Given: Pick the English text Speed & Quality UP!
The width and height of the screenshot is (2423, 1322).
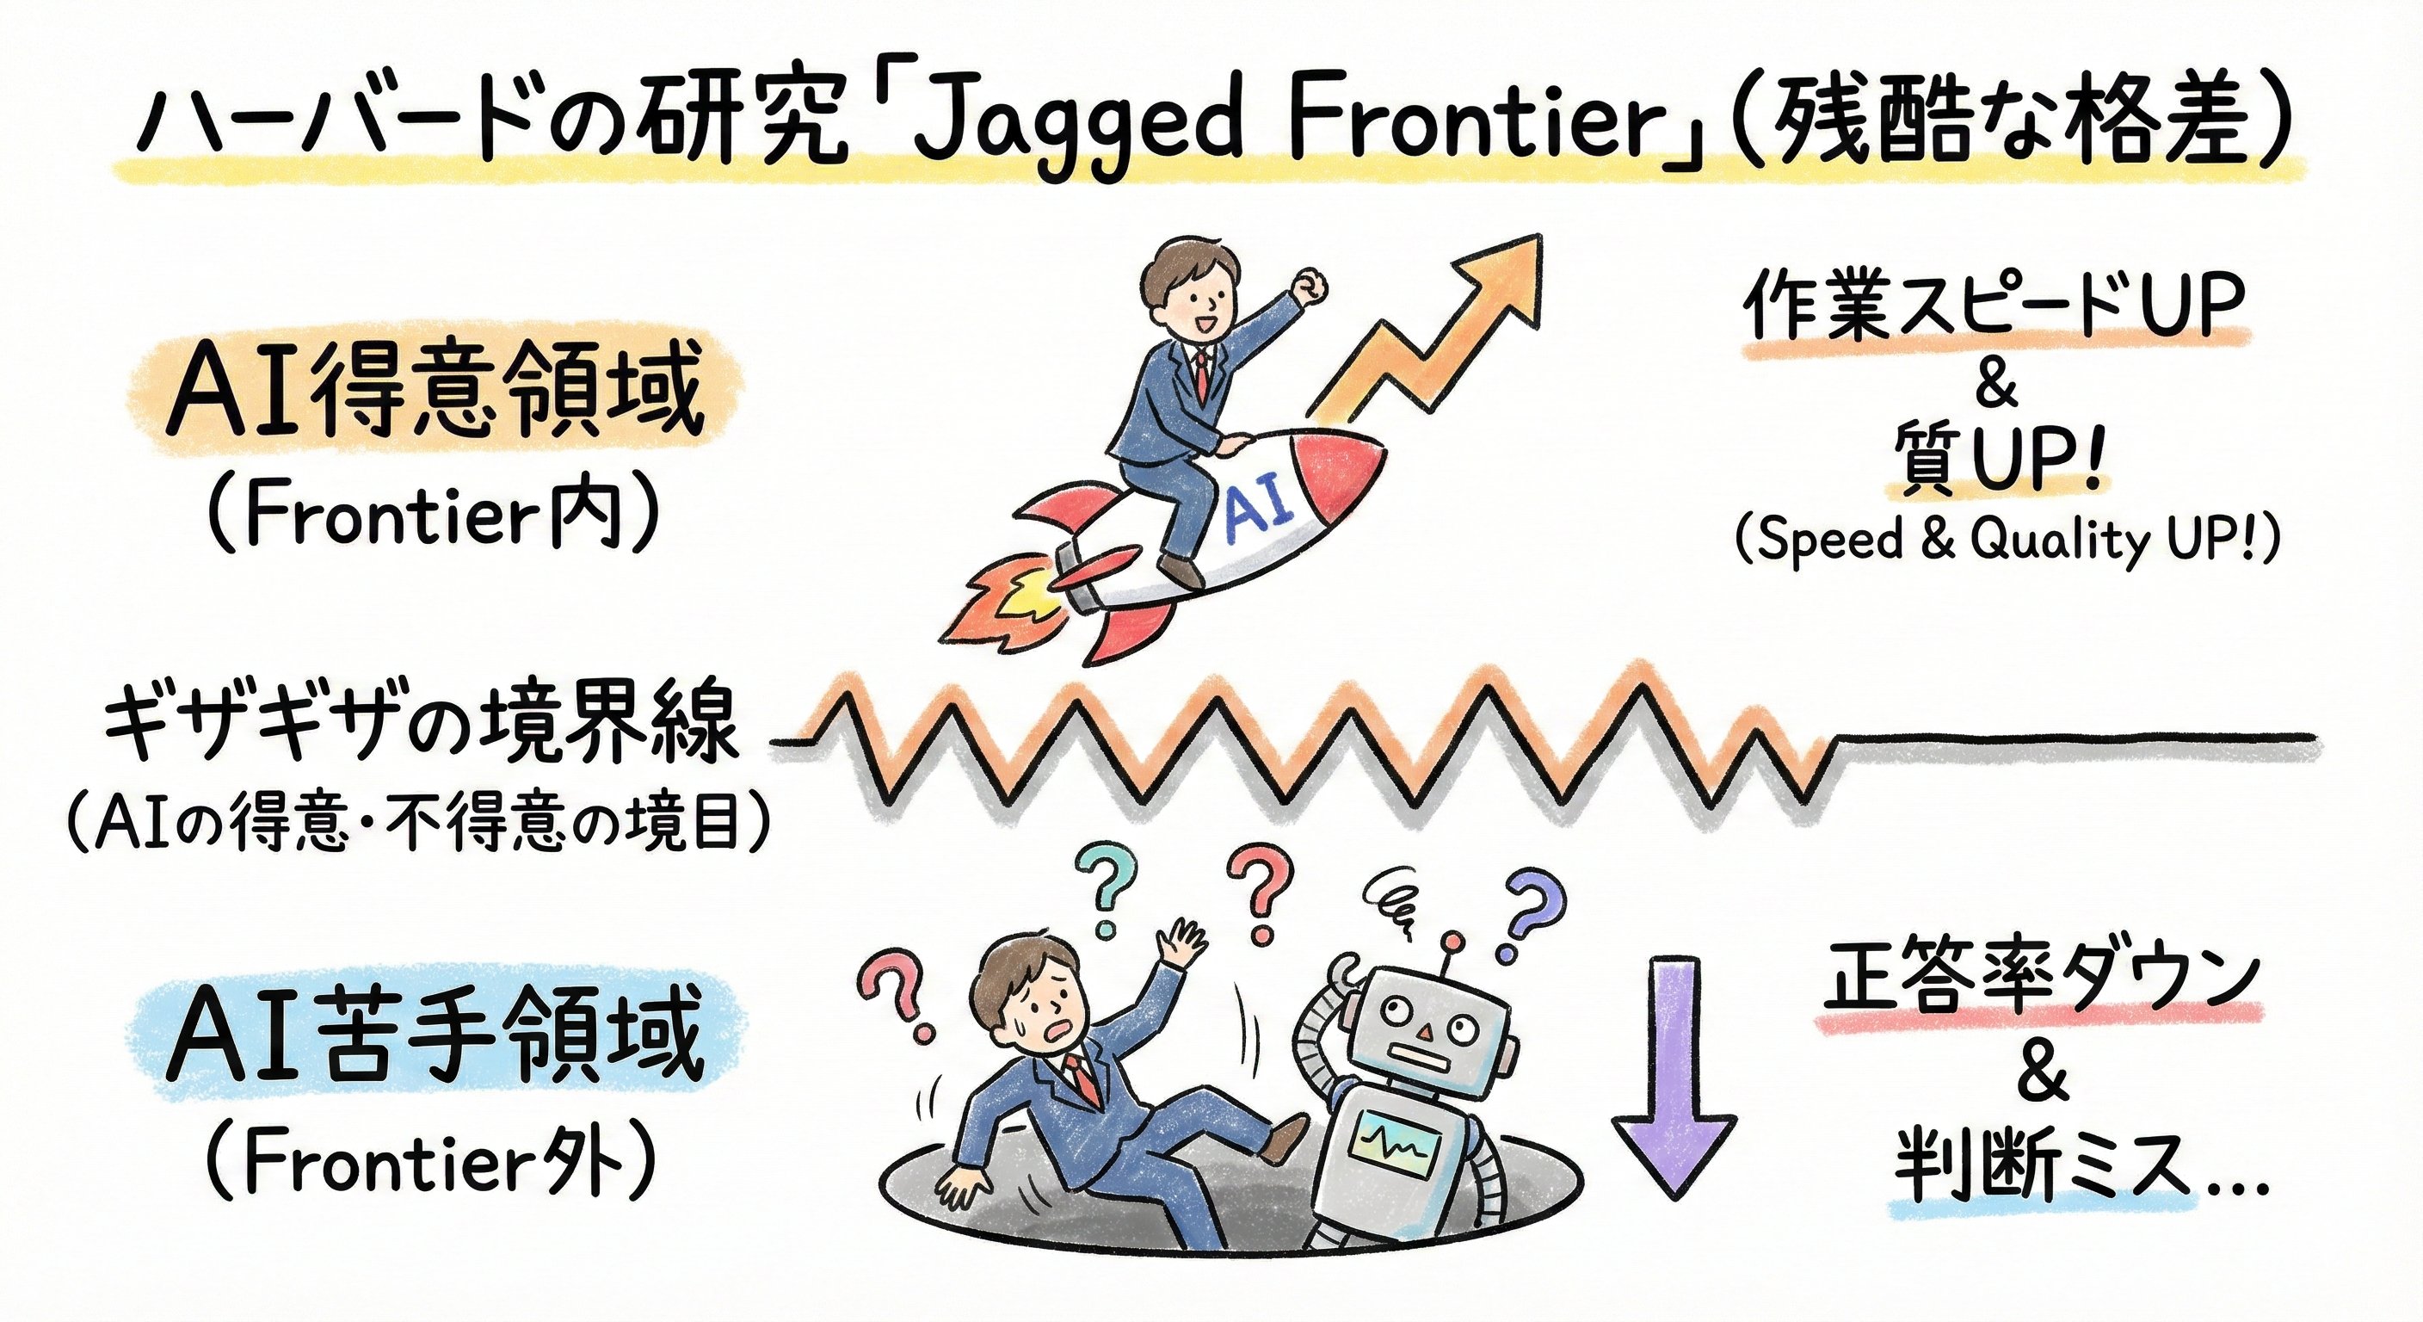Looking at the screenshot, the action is click(x=2007, y=541).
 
